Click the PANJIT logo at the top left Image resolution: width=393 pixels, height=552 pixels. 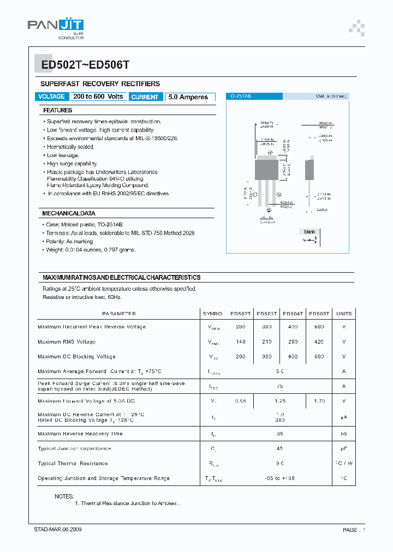coord(55,26)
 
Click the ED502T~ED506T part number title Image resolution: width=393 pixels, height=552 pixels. coord(81,64)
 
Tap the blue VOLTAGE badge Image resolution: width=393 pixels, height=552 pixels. coord(52,97)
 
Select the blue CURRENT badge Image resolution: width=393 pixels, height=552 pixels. coord(145,97)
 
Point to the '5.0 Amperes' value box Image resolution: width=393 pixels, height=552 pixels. coord(188,97)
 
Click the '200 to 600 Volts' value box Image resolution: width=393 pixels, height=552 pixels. coord(98,97)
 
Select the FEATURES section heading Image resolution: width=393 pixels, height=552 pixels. coord(58,110)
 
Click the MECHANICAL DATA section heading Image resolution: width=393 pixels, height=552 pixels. coord(69,213)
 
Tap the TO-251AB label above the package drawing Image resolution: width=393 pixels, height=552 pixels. coord(239,96)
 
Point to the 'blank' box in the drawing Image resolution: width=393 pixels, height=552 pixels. coord(309,232)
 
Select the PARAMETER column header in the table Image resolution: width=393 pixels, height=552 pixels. coord(118,314)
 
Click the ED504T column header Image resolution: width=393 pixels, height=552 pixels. coord(293,314)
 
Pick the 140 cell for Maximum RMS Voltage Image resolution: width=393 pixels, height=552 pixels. coord(240,342)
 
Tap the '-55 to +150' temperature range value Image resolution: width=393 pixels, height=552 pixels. coord(279,478)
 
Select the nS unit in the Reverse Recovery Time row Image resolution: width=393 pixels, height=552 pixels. coord(344,434)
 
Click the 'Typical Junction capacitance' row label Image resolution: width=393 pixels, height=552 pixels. coord(74,449)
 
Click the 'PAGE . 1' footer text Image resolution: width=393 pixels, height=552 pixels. coord(354,530)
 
